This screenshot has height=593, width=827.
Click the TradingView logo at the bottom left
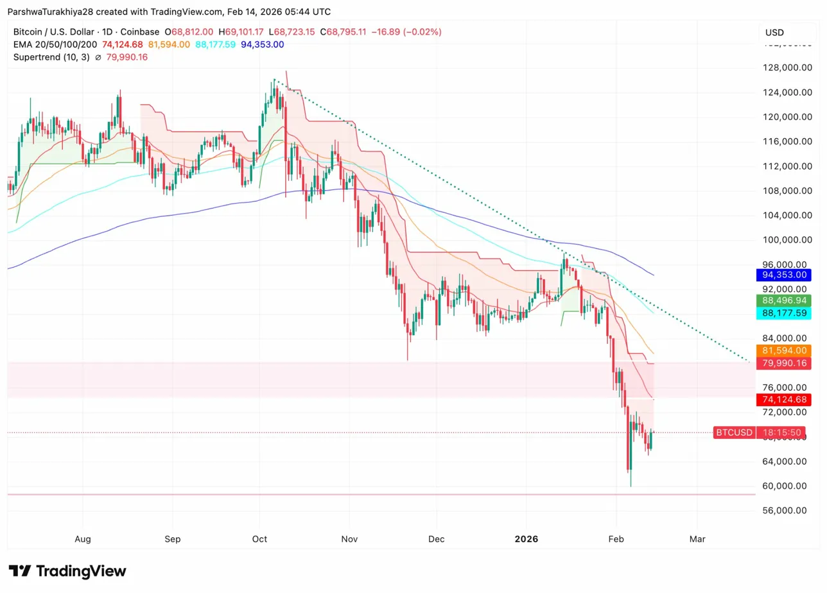coord(67,571)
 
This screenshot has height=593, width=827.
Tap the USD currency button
coord(775,33)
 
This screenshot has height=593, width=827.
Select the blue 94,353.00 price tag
coord(783,275)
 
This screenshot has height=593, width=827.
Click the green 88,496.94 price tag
coord(783,300)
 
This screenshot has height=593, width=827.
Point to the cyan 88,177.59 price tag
coord(783,313)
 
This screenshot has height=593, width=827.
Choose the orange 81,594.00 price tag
coord(783,350)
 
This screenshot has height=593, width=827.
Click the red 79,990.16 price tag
coord(783,363)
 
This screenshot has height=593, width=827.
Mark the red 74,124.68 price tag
coord(783,400)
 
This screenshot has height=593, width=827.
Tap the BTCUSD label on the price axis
coord(733,433)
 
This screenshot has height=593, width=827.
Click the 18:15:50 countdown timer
coord(783,433)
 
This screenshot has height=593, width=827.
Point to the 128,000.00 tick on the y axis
coord(783,68)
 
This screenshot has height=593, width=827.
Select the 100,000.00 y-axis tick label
coord(783,239)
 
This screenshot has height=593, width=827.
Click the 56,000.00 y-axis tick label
coord(783,510)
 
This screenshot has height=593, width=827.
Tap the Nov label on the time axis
coord(349,539)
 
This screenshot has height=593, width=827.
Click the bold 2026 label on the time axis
coord(526,539)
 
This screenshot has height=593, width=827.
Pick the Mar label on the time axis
coord(697,539)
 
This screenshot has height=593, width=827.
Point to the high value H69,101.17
coord(243,31)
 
